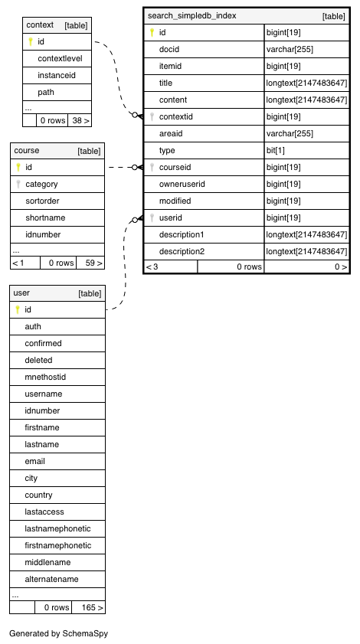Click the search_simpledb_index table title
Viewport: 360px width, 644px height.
point(192,16)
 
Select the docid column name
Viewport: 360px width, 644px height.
point(169,49)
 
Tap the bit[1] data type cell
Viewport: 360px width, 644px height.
point(275,150)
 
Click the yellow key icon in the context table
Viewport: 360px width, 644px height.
point(30,41)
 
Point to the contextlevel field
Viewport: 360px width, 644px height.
point(60,58)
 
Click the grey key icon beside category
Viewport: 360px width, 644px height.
point(18,184)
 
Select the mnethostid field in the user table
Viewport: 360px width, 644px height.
point(45,377)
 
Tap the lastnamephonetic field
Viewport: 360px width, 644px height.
point(57,528)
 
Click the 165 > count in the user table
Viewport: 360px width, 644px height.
point(92,607)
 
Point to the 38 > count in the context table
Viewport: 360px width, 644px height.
point(80,120)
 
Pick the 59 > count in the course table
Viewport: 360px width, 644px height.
point(93,263)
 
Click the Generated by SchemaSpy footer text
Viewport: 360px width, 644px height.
point(59,633)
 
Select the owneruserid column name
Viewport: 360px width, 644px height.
point(182,184)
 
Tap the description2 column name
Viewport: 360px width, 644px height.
point(182,251)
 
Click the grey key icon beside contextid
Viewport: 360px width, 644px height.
point(152,116)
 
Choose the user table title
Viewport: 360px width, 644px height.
point(21,293)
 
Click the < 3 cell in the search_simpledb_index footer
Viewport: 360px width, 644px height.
point(152,266)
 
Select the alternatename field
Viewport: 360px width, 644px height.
point(51,579)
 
